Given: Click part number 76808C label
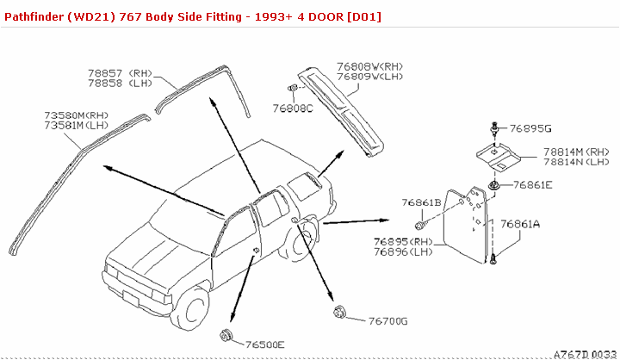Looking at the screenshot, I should pyautogui.click(x=293, y=109).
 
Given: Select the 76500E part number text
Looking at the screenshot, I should pyautogui.click(x=264, y=344).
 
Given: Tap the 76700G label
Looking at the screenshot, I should pyautogui.click(x=387, y=321).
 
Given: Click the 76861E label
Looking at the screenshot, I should pyautogui.click(x=533, y=184).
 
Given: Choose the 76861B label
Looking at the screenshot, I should pyautogui.click(x=420, y=202).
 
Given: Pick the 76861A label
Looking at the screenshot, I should pyautogui.click(x=520, y=224).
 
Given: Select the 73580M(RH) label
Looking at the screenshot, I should pyautogui.click(x=76, y=115).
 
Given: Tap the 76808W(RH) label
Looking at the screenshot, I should pyautogui.click(x=369, y=66).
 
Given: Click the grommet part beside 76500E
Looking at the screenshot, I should pyautogui.click(x=226, y=335).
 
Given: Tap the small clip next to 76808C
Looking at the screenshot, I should pyautogui.click(x=294, y=89).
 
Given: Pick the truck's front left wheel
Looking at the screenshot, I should pyautogui.click(x=193, y=309).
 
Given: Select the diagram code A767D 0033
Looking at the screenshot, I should pyautogui.click(x=585, y=354).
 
